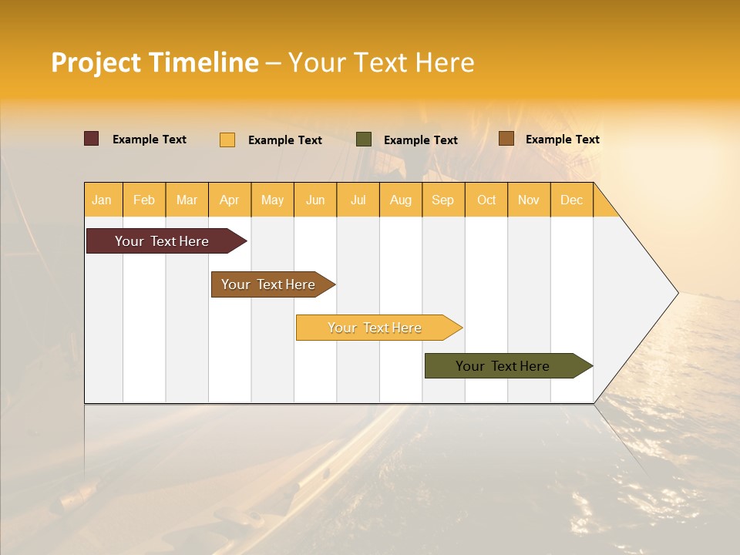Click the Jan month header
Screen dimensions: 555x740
tap(103, 200)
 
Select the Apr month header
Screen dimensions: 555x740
tap(230, 200)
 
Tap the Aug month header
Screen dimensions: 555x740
tap(400, 200)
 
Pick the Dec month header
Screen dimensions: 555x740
tap(571, 200)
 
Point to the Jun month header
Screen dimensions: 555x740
tap(315, 200)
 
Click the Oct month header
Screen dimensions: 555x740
tap(486, 200)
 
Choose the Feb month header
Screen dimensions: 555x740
tap(144, 200)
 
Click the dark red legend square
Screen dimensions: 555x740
tap(92, 139)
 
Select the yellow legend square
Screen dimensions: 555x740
tap(227, 140)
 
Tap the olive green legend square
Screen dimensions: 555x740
tap(364, 139)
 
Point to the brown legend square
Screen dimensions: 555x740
tap(506, 139)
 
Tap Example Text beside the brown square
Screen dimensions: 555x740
tap(562, 140)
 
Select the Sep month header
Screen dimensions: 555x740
tap(442, 200)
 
